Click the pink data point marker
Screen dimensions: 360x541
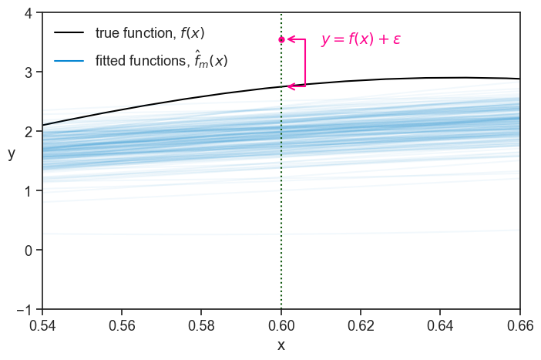[281, 39]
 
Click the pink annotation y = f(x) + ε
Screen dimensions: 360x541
[361, 39]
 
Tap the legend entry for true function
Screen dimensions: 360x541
[150, 33]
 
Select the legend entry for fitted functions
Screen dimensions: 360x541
[161, 59]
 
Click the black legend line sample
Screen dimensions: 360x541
[69, 33]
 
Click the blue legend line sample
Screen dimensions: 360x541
[69, 59]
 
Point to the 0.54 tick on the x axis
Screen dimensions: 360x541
[42, 325]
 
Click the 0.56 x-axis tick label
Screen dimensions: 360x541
[122, 325]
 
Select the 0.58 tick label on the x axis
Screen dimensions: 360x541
[202, 325]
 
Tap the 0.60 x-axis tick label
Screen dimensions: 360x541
[281, 325]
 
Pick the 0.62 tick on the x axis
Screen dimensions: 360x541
[361, 325]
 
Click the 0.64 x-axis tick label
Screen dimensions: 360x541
[440, 325]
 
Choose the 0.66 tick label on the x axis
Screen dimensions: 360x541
[519, 325]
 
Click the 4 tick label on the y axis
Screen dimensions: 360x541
[28, 13]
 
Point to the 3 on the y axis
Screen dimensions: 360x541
[28, 72]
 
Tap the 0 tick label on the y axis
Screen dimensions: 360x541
[28, 251]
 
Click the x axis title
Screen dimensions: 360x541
[281, 345]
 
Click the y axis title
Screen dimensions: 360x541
[12, 153]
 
